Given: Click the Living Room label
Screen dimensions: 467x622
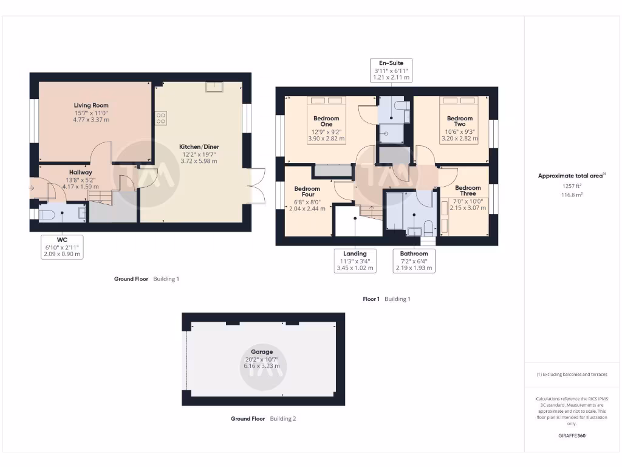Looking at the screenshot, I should point(91,105).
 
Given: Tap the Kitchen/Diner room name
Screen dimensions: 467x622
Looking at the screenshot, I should point(197,147).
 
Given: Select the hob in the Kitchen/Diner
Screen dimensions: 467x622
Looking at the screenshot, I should point(161,118).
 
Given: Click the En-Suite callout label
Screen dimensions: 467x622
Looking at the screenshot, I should point(392,70).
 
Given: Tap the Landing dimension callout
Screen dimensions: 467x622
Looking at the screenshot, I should point(355,260).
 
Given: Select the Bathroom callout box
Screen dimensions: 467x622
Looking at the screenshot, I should point(414,260).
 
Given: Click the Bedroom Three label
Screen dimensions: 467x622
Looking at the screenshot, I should point(468,190).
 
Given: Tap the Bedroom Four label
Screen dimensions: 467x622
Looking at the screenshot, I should point(307,192).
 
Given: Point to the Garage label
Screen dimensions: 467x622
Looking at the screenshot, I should point(262,351).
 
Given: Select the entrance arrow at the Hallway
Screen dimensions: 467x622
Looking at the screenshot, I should point(32,188).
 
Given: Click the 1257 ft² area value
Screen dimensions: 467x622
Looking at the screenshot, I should point(571,186).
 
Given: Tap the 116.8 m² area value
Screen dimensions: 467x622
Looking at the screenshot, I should point(571,195).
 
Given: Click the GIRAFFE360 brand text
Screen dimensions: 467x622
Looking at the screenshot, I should point(571,436).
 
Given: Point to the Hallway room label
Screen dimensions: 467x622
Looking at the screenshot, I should point(80,173).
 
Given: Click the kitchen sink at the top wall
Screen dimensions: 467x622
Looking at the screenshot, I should point(213,88).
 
